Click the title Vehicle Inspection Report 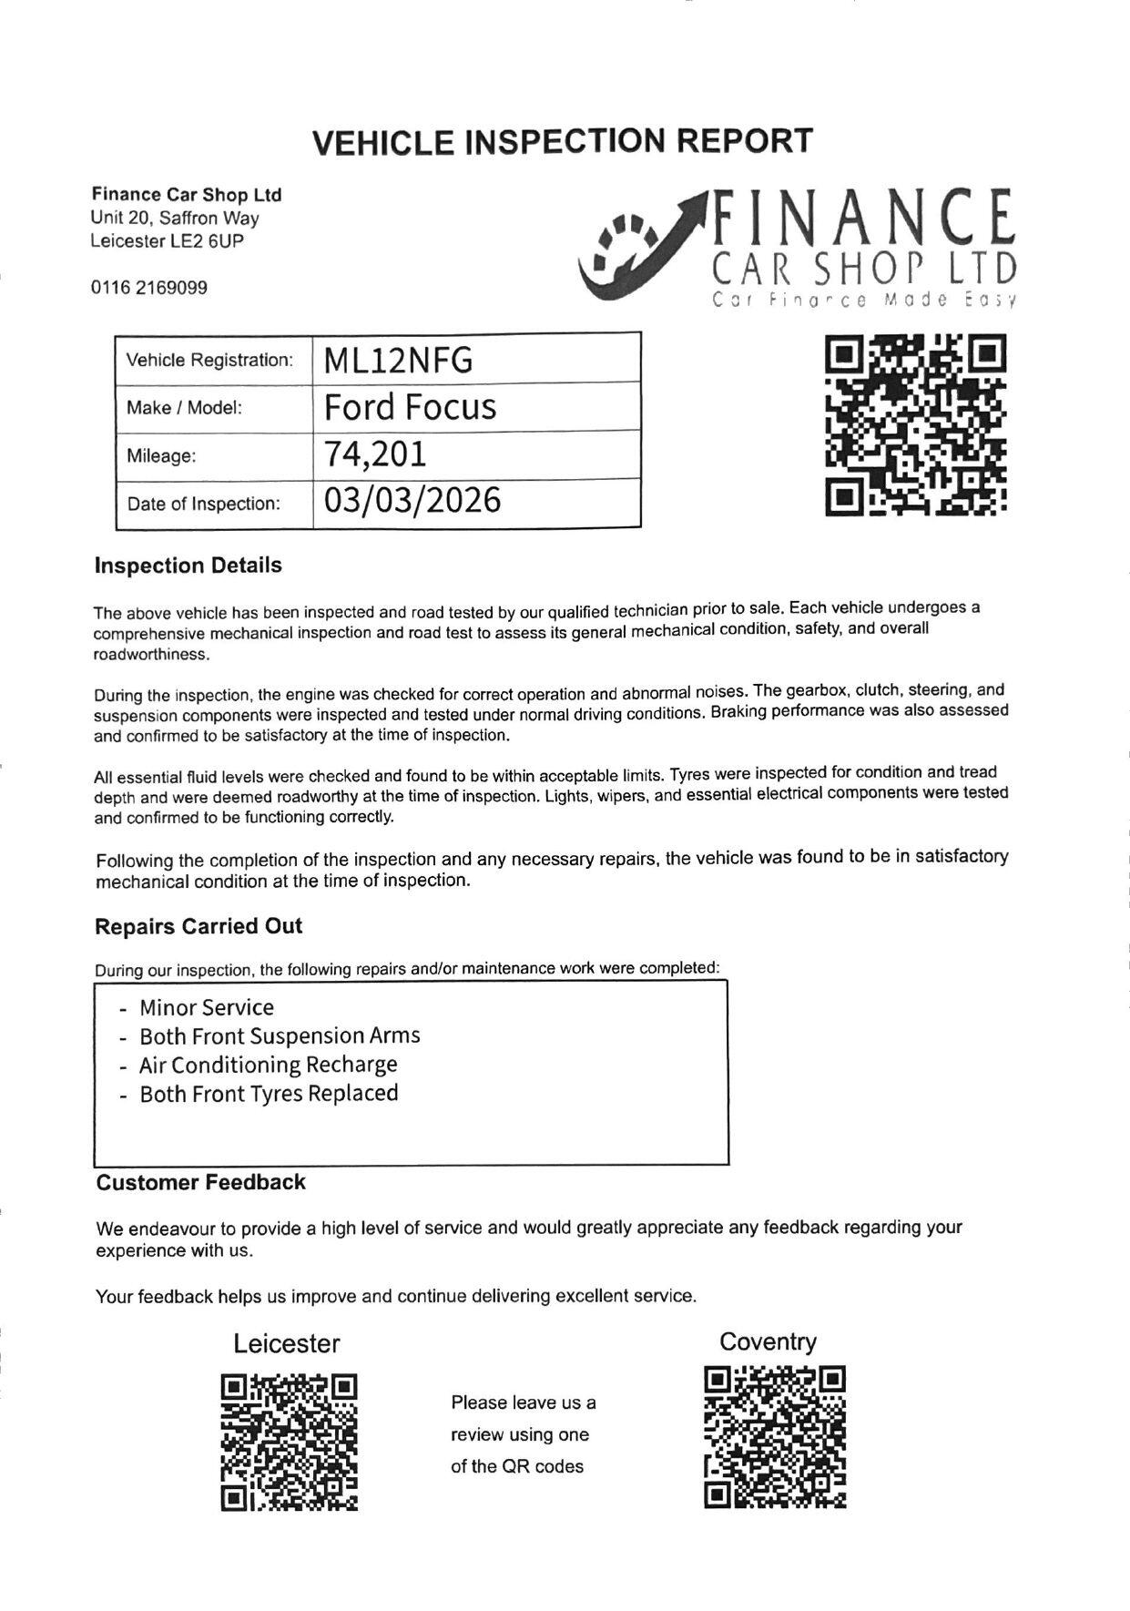click(x=562, y=141)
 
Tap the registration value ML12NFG click(x=398, y=362)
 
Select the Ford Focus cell click(x=410, y=407)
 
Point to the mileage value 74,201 click(x=375, y=454)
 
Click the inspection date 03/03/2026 click(x=412, y=501)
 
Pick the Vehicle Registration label click(x=209, y=360)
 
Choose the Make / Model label click(x=185, y=408)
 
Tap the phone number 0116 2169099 click(x=148, y=288)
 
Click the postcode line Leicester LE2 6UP click(x=167, y=241)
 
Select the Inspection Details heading click(x=188, y=566)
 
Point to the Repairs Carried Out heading click(x=199, y=926)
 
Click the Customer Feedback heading click(x=201, y=1182)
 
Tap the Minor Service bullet click(x=206, y=1007)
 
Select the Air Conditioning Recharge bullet click(x=268, y=1065)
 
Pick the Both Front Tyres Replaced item click(x=269, y=1093)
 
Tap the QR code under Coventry click(x=775, y=1437)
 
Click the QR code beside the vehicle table click(x=915, y=425)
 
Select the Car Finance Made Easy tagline click(x=863, y=300)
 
